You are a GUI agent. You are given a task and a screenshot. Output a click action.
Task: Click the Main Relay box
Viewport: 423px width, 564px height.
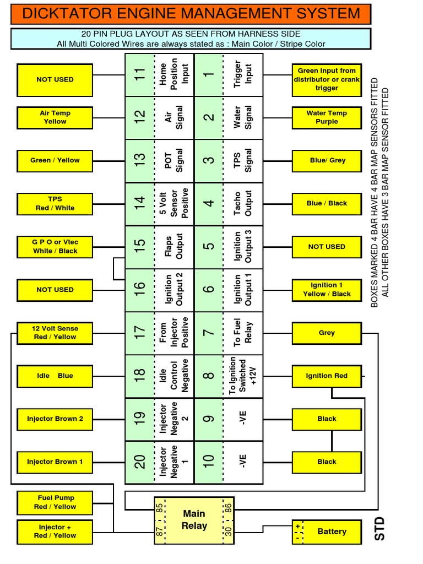[194, 519]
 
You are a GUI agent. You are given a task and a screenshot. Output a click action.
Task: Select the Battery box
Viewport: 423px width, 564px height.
[327, 532]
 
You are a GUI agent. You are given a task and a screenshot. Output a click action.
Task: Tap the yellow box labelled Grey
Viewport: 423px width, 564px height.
[327, 333]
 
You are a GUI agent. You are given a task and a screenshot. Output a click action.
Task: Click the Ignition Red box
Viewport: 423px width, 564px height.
[327, 376]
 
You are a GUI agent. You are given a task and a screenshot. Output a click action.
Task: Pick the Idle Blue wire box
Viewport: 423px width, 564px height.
[55, 376]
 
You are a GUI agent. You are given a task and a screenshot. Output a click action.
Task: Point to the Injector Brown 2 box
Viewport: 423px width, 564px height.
[55, 419]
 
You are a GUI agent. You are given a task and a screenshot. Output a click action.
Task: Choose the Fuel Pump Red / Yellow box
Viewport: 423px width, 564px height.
[55, 502]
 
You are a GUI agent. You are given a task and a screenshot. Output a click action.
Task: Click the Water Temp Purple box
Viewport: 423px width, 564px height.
[327, 117]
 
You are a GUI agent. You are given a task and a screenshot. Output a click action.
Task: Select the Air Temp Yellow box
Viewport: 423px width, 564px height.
[55, 117]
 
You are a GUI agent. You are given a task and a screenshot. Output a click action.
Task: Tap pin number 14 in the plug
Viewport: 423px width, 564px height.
[140, 204]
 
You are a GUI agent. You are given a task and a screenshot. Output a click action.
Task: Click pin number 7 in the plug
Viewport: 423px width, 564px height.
[209, 333]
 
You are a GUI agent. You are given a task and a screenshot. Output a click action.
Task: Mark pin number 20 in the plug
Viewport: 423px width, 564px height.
[140, 462]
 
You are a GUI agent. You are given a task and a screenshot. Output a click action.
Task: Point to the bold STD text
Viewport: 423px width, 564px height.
[379, 529]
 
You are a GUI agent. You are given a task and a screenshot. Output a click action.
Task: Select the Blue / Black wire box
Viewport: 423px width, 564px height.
[327, 203]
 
